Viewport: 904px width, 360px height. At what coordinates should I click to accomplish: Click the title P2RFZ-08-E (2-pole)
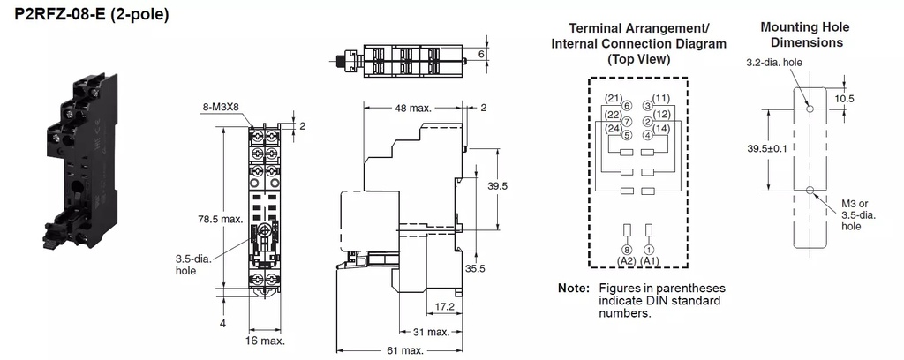point(91,15)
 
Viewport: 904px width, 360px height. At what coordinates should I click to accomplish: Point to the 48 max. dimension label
point(413,109)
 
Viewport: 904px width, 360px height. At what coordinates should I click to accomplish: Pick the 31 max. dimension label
point(431,332)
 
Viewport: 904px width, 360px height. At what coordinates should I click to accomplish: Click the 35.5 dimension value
point(477,269)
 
